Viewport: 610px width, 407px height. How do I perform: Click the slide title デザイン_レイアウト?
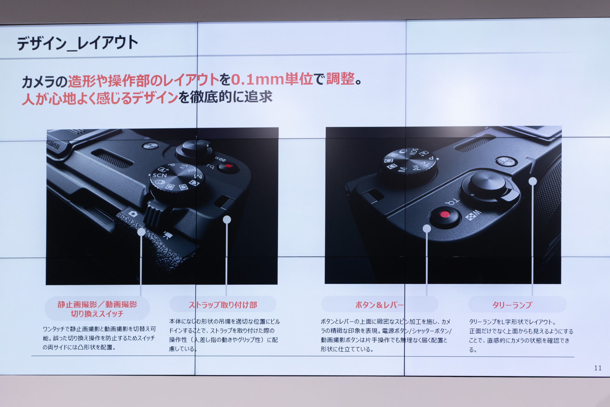[x=78, y=43]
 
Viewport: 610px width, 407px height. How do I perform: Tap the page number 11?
[x=598, y=368]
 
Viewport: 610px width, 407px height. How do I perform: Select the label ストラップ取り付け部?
[x=223, y=305]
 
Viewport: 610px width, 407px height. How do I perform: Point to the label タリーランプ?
[x=512, y=305]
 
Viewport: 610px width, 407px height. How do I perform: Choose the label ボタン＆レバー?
[x=379, y=305]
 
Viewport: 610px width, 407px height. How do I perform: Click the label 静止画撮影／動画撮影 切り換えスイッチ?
[x=97, y=309]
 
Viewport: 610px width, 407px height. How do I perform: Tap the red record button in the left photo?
[x=228, y=166]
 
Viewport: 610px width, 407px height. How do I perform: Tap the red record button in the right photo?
[x=445, y=214]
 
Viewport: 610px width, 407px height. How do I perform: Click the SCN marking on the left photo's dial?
[x=159, y=175]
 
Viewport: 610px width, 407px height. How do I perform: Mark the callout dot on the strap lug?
[x=227, y=219]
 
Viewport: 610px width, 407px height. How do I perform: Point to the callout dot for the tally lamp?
[x=533, y=181]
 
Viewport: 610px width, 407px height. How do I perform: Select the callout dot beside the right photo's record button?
[x=427, y=228]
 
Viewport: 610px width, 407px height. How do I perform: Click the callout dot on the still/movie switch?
[x=141, y=232]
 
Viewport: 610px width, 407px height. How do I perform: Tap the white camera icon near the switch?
[x=133, y=214]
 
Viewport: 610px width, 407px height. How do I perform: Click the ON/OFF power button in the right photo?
[x=506, y=161]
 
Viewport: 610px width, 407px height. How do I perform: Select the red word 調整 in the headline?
[x=340, y=79]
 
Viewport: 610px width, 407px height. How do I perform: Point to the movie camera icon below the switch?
[x=167, y=235]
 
